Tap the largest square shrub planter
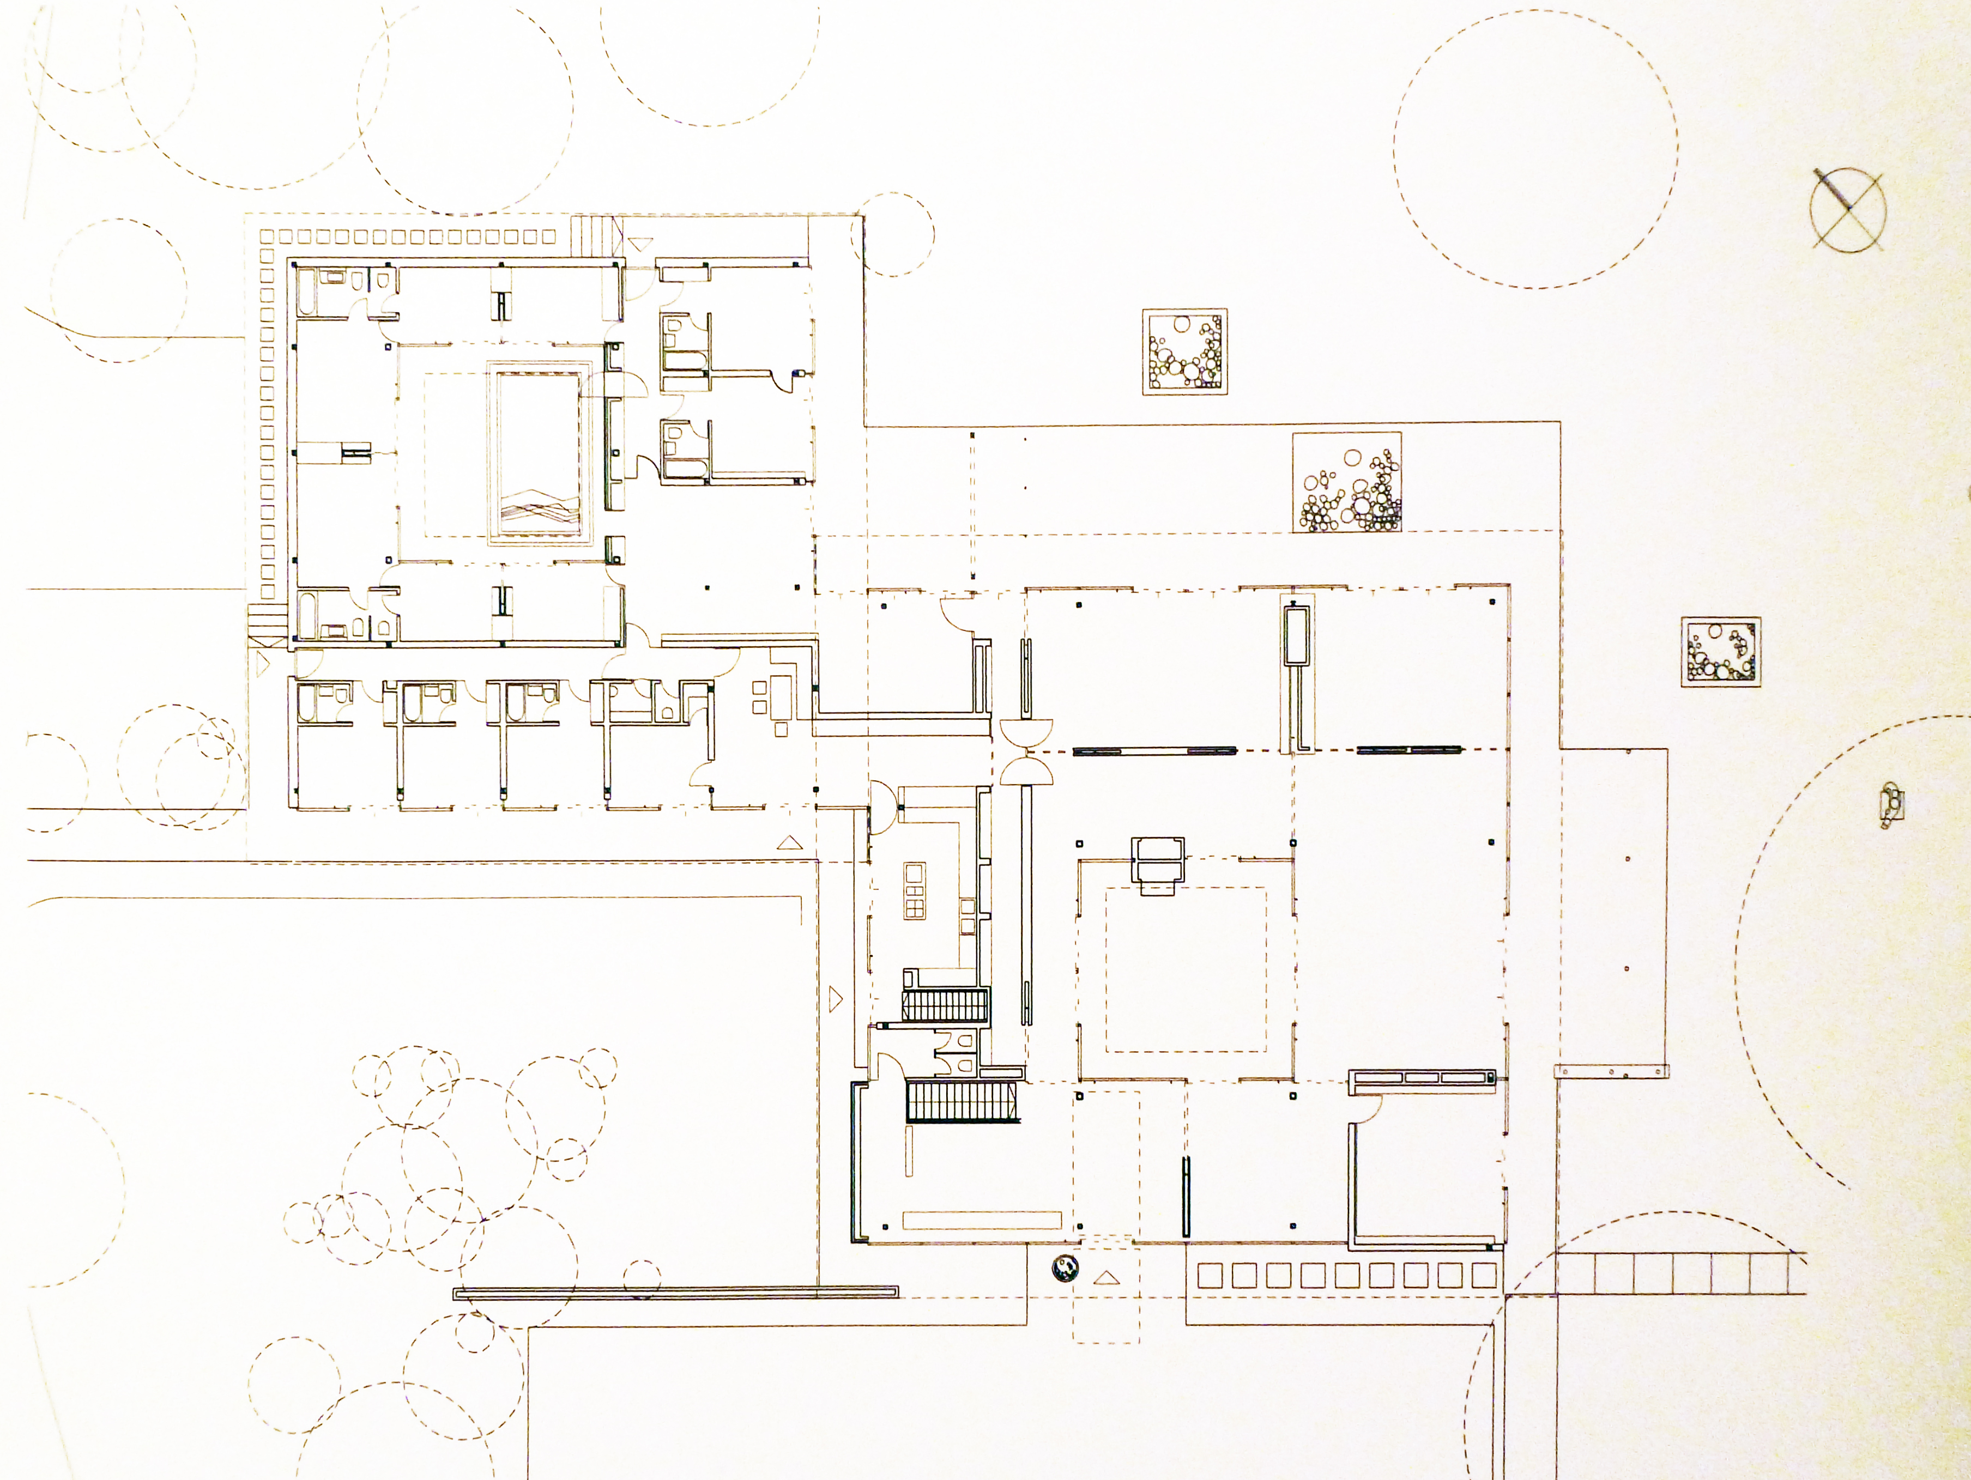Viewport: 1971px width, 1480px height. (x=1346, y=482)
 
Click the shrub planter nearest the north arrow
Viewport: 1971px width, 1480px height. (x=1185, y=352)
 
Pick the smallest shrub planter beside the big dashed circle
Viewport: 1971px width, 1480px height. (x=1721, y=651)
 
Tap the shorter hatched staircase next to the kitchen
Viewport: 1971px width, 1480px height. (x=945, y=1004)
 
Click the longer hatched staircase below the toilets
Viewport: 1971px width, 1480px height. (x=962, y=1102)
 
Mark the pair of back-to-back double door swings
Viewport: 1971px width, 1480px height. (x=1026, y=751)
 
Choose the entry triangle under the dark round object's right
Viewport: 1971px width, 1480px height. (x=1106, y=1278)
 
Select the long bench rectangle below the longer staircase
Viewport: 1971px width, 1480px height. (x=982, y=1220)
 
